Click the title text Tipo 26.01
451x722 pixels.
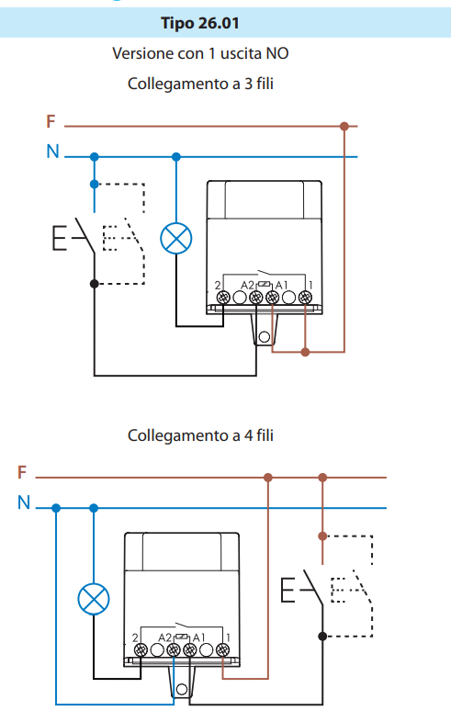pos(200,23)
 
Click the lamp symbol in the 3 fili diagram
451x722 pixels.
pos(175,239)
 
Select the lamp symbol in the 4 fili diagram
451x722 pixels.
pos(94,599)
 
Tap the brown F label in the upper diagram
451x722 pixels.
pos(51,121)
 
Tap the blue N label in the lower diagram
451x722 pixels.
pos(24,502)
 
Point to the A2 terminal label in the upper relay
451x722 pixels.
pos(248,286)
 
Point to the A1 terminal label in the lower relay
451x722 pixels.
pos(198,637)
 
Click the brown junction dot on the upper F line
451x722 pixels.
pos(344,126)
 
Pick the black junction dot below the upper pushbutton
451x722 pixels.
pos(95,284)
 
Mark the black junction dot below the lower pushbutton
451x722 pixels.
pos(322,636)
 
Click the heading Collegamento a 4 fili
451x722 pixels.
pos(200,435)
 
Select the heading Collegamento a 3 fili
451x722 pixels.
pos(200,84)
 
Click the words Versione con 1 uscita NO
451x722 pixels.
pos(200,53)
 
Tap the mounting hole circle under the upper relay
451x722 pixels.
pos(265,337)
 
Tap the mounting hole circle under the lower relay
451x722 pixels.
pos(182,689)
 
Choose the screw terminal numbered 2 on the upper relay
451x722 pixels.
pos(223,298)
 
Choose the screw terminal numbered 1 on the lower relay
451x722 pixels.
pos(222,649)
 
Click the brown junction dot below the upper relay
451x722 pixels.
pos(305,352)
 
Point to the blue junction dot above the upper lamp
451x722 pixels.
pos(175,157)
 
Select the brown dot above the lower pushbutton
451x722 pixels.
pos(322,536)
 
